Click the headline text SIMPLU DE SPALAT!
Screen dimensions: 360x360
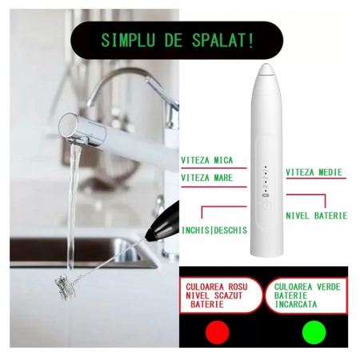[x=177, y=41]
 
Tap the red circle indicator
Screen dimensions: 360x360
[x=218, y=332]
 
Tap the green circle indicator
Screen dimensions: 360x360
[x=314, y=332]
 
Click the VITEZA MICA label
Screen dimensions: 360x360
[x=207, y=160]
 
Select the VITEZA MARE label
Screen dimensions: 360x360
[x=207, y=178]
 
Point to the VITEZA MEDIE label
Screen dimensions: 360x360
[x=314, y=172]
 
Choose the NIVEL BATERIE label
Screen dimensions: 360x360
[x=317, y=215]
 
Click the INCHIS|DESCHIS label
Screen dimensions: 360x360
[x=214, y=230]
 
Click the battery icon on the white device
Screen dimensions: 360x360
[x=266, y=196]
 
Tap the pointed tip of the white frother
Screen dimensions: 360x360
[x=266, y=65]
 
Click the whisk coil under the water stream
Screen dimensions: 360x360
[x=65, y=287]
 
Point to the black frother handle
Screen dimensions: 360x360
[x=163, y=223]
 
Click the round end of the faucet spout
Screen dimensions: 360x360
[x=68, y=125]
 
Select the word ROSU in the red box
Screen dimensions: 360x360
[x=235, y=287]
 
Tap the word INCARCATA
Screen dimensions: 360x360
[x=296, y=304]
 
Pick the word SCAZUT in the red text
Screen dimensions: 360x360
[x=229, y=295]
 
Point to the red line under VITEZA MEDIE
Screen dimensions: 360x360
[x=316, y=178]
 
